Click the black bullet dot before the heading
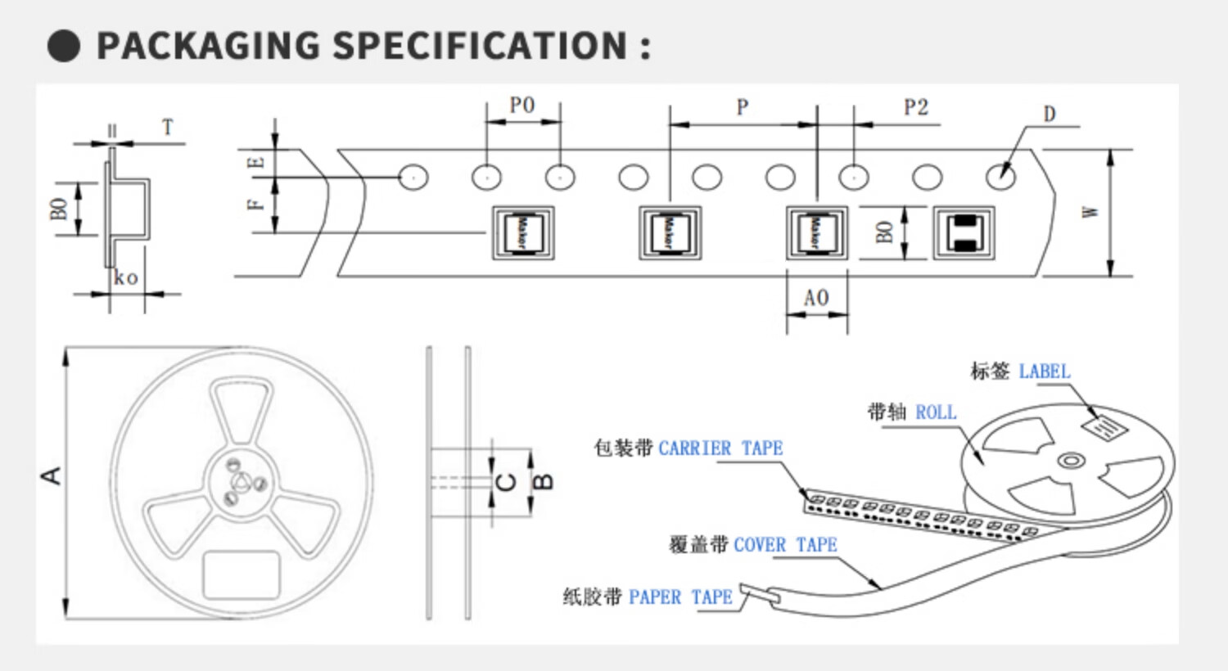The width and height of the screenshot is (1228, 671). (64, 46)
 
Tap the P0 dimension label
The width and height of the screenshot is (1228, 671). (521, 106)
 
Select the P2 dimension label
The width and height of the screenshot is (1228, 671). (916, 107)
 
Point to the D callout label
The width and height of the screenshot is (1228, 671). (1050, 115)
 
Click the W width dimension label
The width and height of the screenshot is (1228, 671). (1090, 212)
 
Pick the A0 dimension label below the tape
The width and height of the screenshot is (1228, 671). (815, 298)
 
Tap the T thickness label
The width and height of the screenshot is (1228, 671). (168, 128)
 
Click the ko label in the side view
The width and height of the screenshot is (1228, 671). (125, 278)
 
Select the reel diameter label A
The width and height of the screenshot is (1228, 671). (52, 475)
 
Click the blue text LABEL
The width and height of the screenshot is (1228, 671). (1044, 372)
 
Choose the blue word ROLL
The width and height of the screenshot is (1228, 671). (936, 412)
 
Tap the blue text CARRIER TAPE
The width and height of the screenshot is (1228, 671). (720, 448)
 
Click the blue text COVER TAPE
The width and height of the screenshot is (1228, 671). (785, 545)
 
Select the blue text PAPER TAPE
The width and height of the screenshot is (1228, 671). (680, 597)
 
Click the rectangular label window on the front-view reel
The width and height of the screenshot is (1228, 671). (242, 574)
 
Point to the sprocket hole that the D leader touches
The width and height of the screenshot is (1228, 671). (1000, 177)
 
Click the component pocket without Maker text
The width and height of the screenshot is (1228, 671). (964, 233)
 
